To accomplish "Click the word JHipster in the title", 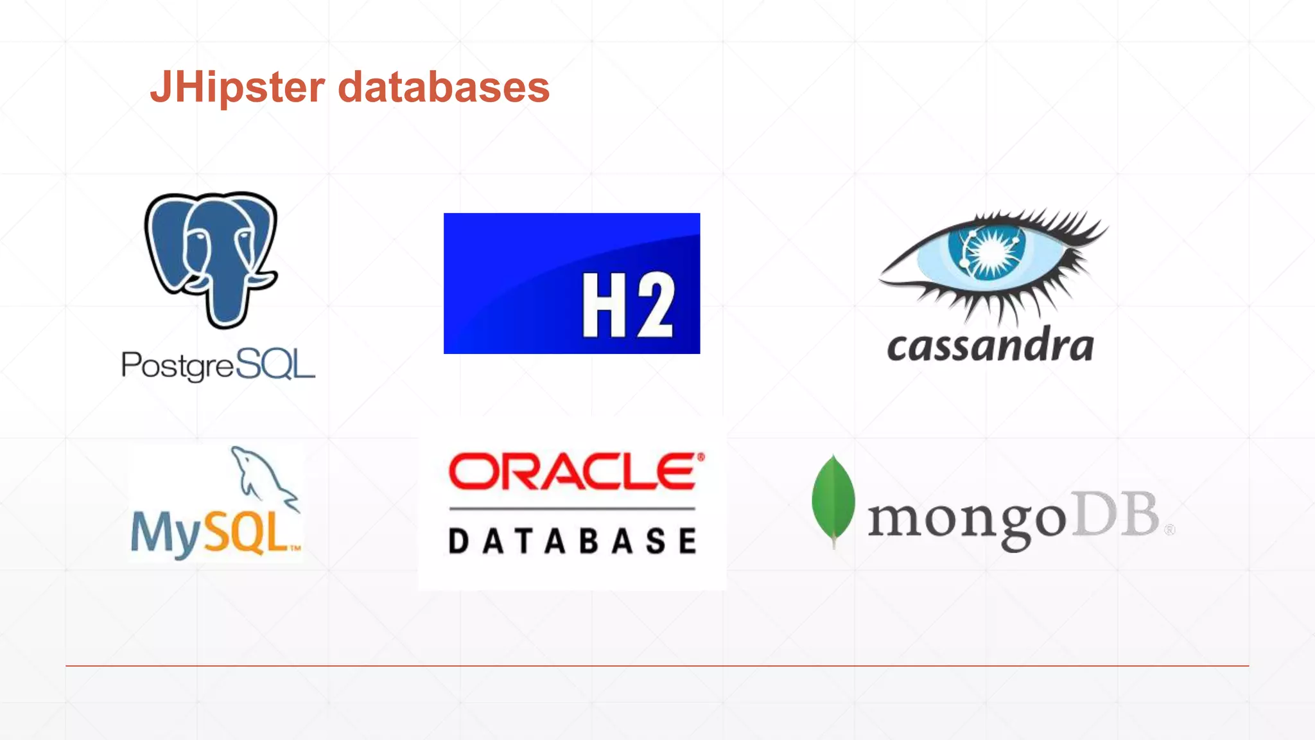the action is click(238, 88).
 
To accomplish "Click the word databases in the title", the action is click(444, 88).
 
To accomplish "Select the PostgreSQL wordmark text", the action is click(218, 366).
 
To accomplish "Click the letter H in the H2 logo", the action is click(604, 304).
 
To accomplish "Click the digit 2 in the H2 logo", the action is click(653, 304).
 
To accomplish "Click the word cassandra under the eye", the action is click(990, 346).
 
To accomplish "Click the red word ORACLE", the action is click(571, 472).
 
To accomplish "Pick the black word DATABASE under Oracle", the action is click(572, 541).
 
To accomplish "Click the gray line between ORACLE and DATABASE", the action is click(572, 509).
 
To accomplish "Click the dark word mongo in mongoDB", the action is click(967, 519).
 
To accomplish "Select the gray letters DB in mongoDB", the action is click(1117, 514).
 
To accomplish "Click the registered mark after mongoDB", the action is click(1169, 530).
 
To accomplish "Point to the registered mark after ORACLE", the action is click(701, 457).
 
